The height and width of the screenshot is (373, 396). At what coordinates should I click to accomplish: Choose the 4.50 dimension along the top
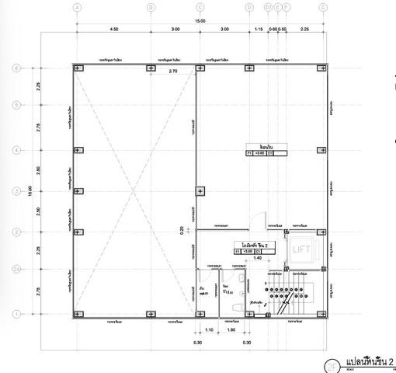tap(113, 29)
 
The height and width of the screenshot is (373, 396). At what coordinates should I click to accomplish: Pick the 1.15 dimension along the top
tap(259, 29)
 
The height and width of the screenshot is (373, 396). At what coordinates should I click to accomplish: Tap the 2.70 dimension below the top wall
tap(174, 71)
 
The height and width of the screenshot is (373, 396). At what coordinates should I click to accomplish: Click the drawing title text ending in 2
tap(370, 362)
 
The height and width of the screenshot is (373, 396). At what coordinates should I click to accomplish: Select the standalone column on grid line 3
tap(200, 190)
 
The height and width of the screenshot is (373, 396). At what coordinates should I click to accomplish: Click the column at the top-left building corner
tap(77, 68)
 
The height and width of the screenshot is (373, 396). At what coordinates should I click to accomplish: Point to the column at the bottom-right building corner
tap(321, 314)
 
